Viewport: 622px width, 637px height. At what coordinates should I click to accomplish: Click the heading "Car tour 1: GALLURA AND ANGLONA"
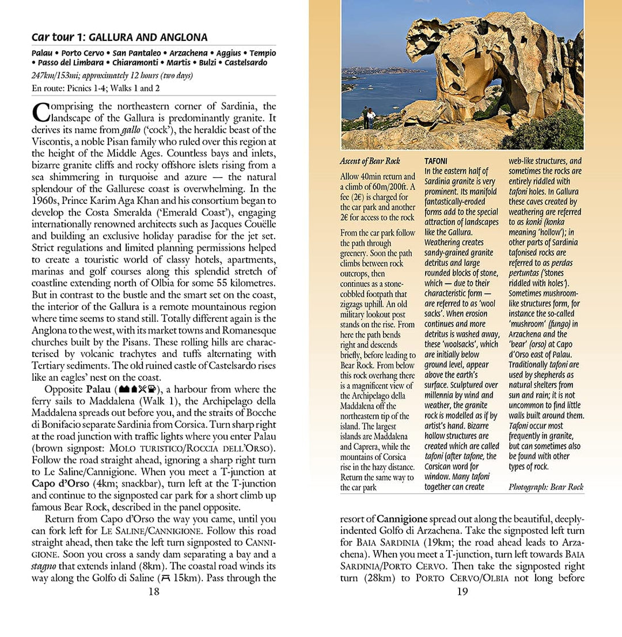(119, 38)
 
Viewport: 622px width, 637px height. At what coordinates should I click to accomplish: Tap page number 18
(154, 591)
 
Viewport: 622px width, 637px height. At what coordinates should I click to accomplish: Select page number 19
(462, 591)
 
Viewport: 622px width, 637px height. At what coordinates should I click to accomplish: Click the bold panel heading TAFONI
(436, 161)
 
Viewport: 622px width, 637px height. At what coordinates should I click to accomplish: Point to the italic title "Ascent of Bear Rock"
(370, 161)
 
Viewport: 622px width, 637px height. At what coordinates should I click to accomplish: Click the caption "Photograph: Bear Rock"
(546, 487)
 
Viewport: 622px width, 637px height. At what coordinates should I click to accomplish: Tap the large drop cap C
(41, 112)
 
